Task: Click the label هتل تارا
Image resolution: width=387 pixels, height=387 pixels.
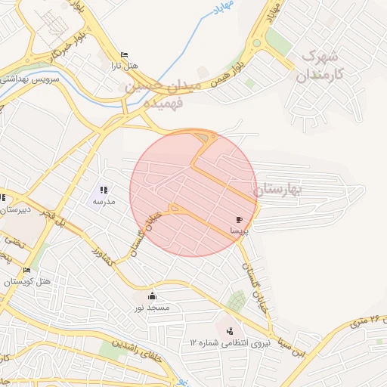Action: click(125, 66)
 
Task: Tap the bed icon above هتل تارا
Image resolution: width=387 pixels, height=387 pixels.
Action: click(125, 54)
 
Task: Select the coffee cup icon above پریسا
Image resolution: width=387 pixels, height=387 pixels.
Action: click(240, 219)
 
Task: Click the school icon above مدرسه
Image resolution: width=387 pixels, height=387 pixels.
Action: click(104, 190)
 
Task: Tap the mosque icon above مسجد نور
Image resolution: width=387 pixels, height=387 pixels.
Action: click(153, 296)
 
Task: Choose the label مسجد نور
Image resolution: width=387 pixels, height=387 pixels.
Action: click(153, 308)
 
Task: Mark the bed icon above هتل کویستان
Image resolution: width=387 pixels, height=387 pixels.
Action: click(28, 270)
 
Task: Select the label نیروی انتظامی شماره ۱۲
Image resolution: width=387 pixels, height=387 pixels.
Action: click(230, 342)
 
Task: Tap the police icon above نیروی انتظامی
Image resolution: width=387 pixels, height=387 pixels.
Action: click(230, 330)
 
